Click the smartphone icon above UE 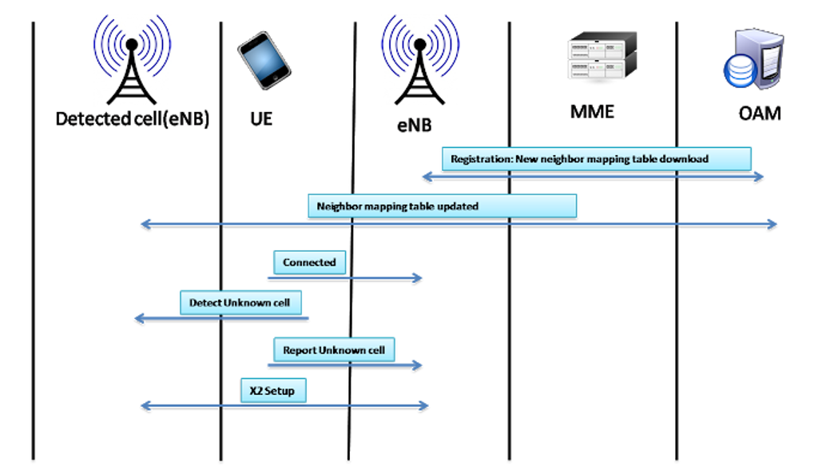point(264,60)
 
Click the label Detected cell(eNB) point(132,119)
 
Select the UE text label point(256,119)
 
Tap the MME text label point(592,111)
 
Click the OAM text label point(759,113)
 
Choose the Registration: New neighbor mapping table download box point(596,158)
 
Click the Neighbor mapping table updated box point(442,206)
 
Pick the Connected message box point(309,262)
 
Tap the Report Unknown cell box point(334,350)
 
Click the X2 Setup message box point(272,391)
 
